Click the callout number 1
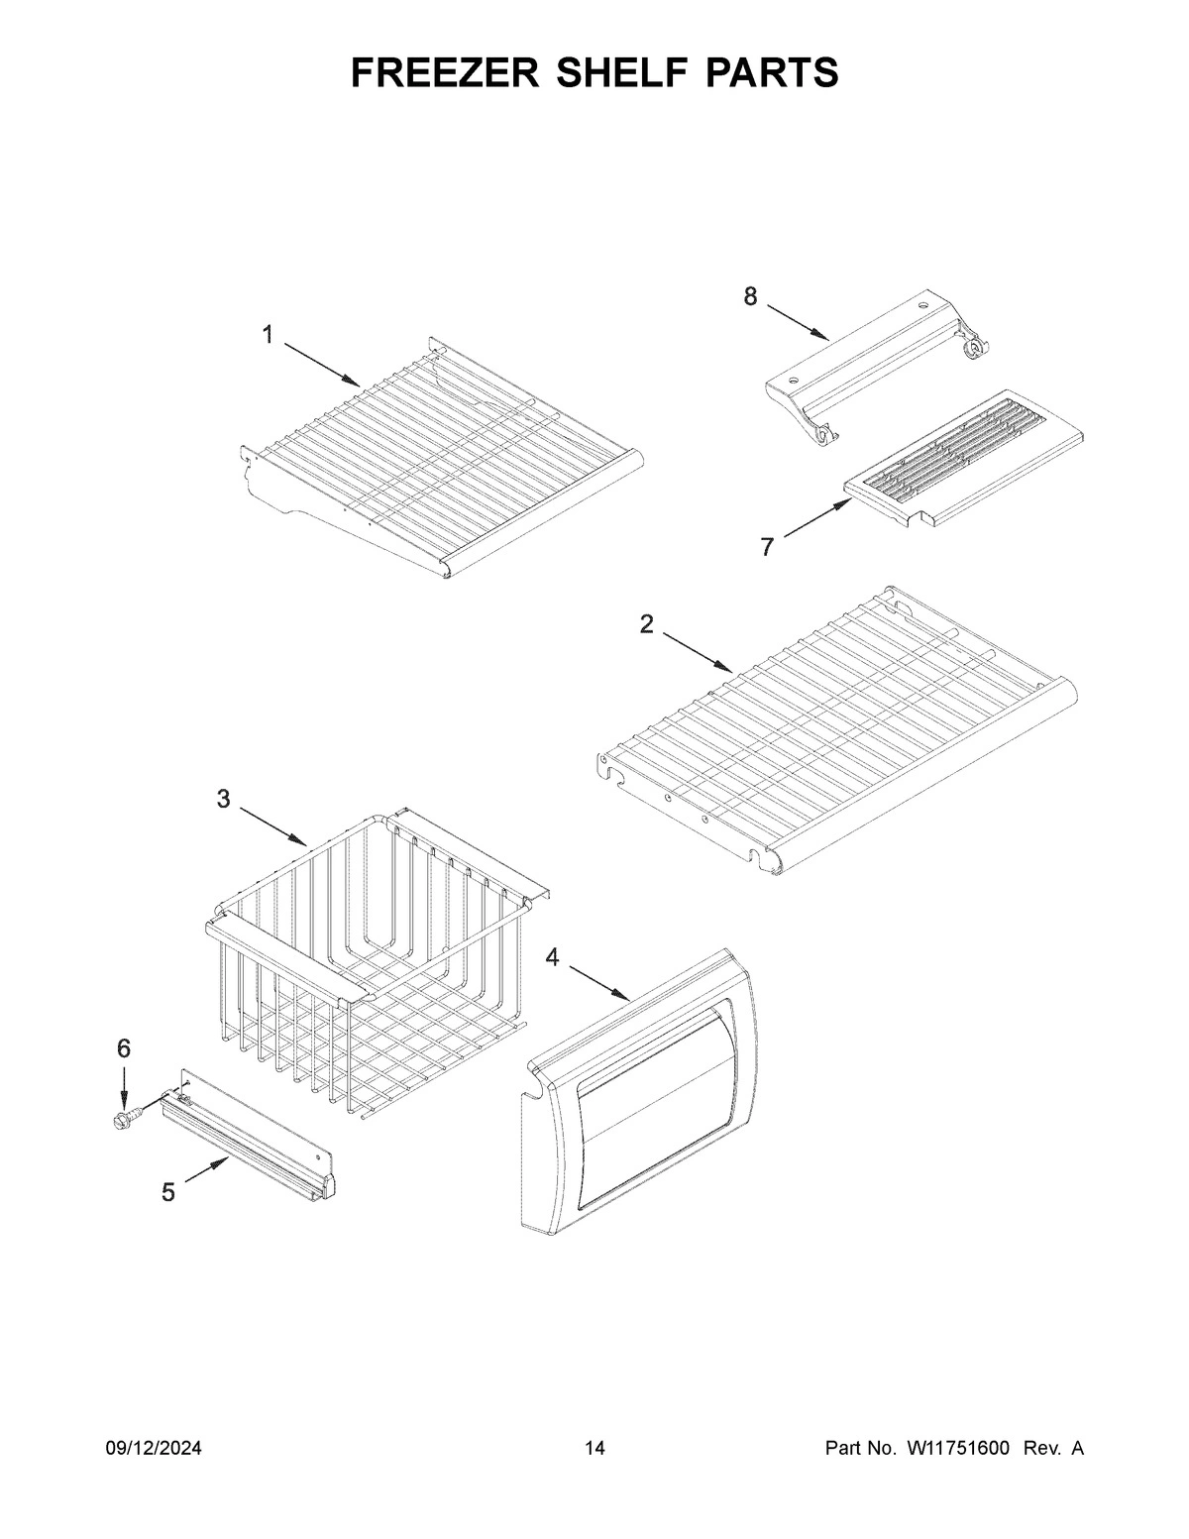(x=268, y=335)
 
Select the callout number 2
(x=646, y=624)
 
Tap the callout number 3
(x=224, y=799)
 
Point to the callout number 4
(x=552, y=956)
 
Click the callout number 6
(x=124, y=1048)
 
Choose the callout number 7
(x=767, y=546)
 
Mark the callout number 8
(x=750, y=295)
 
